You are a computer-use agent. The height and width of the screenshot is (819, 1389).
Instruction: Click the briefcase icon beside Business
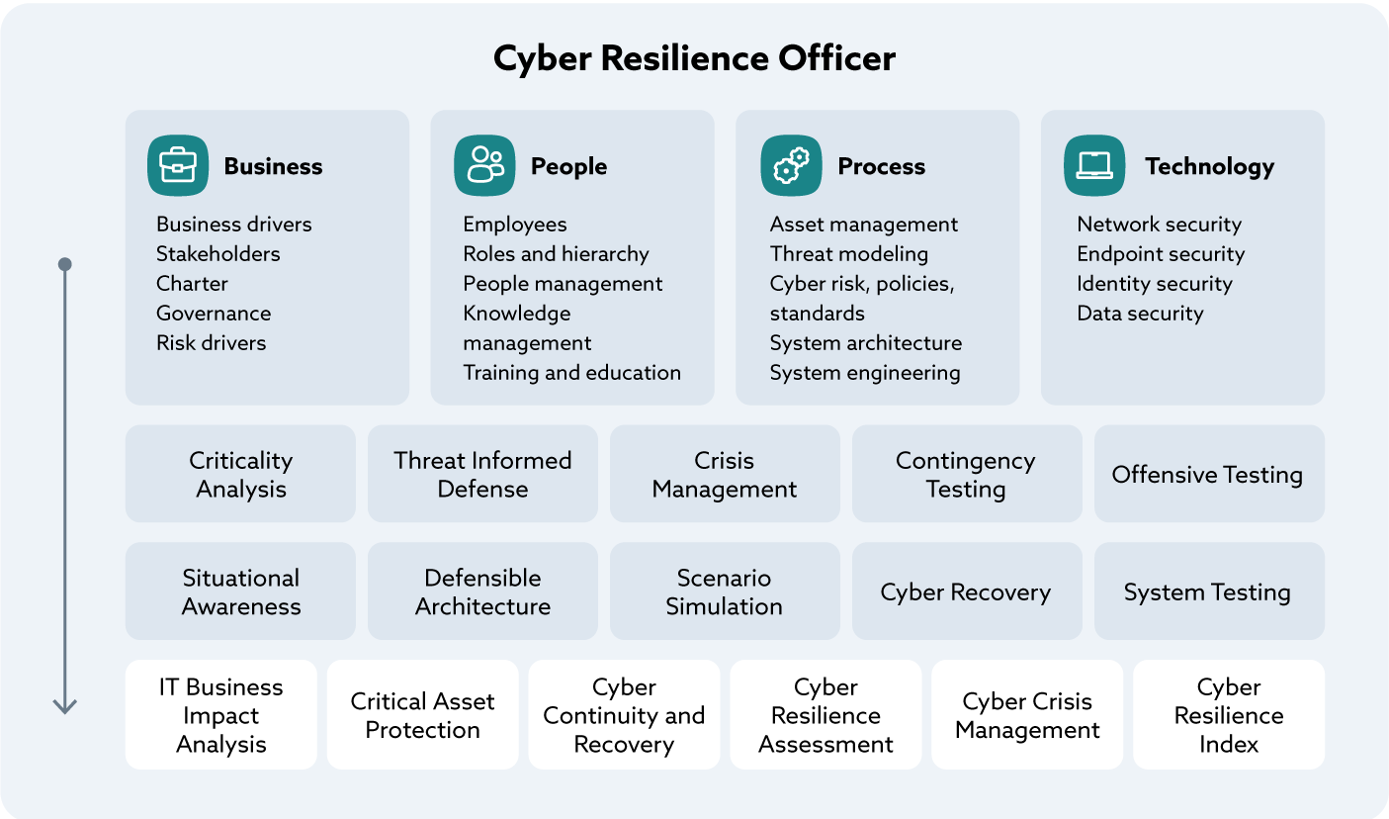178,165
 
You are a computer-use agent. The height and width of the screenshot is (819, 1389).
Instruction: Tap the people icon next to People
484,165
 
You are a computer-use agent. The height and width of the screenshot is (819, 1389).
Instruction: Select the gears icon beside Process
791,165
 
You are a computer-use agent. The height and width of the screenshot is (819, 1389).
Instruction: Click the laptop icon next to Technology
1094,165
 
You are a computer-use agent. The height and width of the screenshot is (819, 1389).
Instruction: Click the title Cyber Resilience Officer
694,58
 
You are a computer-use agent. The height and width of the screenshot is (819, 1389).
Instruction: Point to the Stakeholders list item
217,254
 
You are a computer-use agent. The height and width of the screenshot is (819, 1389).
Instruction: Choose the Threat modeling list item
848,254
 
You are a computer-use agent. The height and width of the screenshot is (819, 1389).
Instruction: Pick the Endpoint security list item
1160,254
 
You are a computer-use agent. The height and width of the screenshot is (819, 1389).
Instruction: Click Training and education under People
571,373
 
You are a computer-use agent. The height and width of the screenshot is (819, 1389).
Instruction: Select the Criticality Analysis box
240,474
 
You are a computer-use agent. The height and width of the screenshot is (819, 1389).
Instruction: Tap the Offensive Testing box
1208,474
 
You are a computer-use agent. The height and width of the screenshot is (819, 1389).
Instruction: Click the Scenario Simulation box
724,591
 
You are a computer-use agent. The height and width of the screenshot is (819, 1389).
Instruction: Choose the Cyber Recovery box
966,591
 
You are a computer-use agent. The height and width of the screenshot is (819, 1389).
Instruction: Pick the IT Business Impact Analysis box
221,715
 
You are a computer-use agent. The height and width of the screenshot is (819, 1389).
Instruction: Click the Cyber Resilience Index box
1228,715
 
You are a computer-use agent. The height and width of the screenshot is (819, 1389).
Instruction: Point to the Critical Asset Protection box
422,715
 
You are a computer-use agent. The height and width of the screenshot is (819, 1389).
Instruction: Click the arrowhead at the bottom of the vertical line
65,706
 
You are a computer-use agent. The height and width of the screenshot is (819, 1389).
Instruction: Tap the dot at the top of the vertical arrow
65,264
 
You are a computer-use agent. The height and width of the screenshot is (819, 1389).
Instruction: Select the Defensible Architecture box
482,591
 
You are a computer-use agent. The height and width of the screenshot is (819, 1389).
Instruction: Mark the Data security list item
1140,314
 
